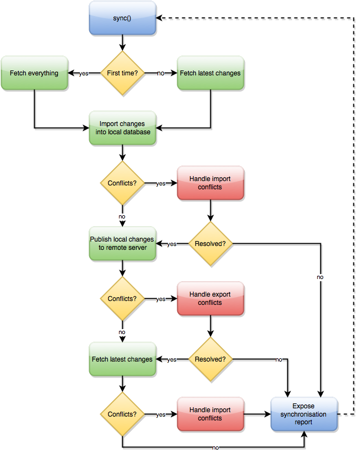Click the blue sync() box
click(122, 18)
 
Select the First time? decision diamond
click(122, 73)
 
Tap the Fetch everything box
click(35, 73)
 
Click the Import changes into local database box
click(123, 128)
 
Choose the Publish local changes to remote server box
click(123, 243)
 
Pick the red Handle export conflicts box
click(210, 298)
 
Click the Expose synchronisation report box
click(304, 414)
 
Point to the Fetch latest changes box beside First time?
click(211, 73)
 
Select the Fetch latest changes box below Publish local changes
click(123, 359)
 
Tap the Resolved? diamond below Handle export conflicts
click(210, 359)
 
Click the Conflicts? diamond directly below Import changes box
click(122, 183)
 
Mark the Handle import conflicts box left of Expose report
click(210, 414)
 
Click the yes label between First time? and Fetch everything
click(84, 74)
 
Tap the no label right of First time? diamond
click(161, 73)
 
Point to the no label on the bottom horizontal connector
click(215, 448)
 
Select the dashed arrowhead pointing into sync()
click(159, 18)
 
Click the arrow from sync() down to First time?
click(123, 43)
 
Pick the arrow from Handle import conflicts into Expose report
click(258, 414)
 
